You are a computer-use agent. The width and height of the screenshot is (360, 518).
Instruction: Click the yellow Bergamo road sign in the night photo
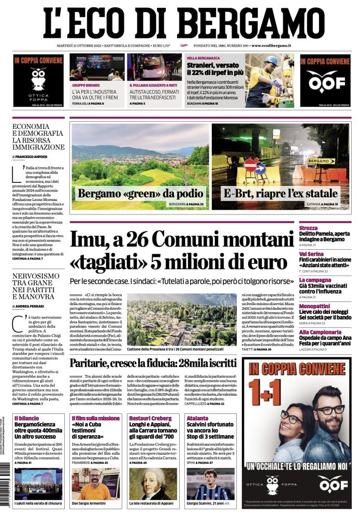coord(321,161)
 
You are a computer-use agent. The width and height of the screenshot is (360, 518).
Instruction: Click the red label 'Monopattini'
coord(314,306)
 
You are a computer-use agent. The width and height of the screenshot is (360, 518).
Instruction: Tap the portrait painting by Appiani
coord(153,484)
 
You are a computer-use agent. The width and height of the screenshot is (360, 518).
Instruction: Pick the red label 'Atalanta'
coord(198,418)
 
